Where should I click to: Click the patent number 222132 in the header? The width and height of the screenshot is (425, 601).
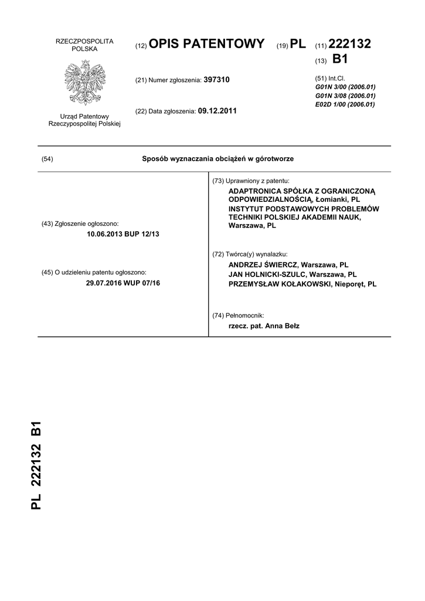tap(350, 45)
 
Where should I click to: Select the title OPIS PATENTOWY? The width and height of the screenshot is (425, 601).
tap(206, 45)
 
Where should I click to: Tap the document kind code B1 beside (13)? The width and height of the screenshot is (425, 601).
tap(340, 59)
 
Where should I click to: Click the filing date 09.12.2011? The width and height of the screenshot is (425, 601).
tap(217, 111)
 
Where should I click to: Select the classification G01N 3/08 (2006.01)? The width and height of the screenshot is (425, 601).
tap(345, 96)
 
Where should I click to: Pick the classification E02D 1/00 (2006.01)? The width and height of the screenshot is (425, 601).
tap(345, 104)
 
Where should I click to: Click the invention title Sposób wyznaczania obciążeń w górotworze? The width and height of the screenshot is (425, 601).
tap(218, 159)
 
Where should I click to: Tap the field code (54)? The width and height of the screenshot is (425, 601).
tap(47, 159)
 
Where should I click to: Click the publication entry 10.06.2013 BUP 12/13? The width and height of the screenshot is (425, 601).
tap(123, 234)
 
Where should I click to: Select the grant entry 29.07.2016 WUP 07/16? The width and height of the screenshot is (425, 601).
tap(123, 283)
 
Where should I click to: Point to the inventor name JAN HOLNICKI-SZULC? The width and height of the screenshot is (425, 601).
tap(267, 274)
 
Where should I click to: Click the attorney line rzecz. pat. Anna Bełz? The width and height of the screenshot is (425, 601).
tap(264, 326)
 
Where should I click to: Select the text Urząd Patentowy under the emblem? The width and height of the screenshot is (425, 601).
tap(84, 116)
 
